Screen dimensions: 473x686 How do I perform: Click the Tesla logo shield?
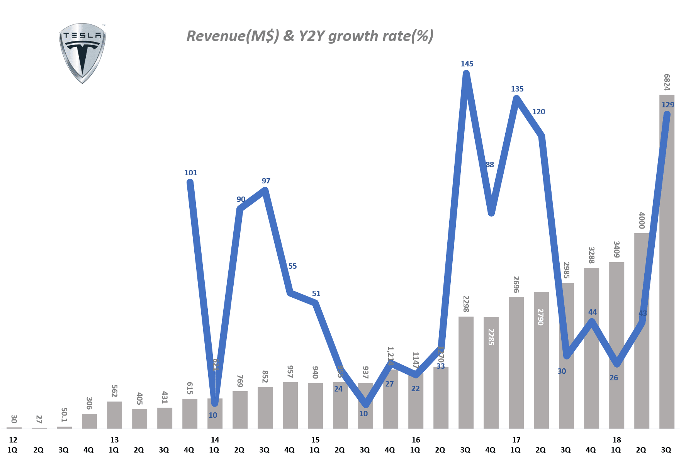coord(82,53)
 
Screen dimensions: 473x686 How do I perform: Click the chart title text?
coord(310,36)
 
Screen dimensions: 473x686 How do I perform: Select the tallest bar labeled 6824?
coord(667,270)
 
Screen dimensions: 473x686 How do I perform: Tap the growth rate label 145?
coord(467,64)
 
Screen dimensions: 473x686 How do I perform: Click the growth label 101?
coord(190,173)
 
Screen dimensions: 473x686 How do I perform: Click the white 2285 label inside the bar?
coord(491,337)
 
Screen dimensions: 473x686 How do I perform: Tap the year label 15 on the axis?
coord(315,440)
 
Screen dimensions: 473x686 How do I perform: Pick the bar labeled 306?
coord(89,421)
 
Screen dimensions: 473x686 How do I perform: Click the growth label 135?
coord(517,89)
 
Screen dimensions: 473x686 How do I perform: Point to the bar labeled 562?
coord(114,415)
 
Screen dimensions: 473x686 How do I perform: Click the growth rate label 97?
coord(266,181)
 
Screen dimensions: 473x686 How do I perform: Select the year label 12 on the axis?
coord(13,440)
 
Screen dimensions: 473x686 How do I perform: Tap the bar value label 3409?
coord(616,249)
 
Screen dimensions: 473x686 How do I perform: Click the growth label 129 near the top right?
coord(667,105)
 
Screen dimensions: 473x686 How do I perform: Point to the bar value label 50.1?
coord(64,415)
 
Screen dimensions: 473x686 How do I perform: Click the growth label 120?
coord(538,112)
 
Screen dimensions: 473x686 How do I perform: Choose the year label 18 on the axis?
coord(616,440)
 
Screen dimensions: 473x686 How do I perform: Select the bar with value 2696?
coord(516,363)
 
